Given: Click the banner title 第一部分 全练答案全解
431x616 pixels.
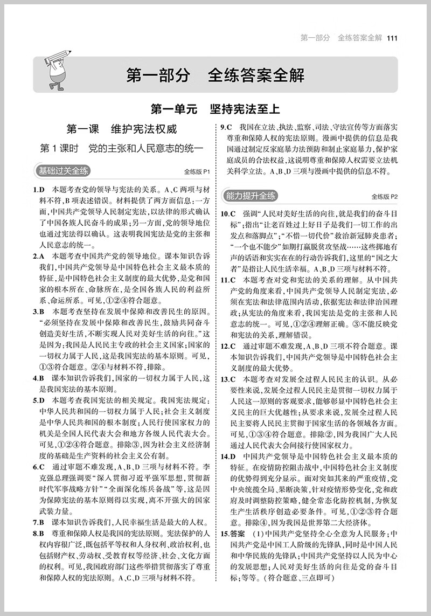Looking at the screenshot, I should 215,75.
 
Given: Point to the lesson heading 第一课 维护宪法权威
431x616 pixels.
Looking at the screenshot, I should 121,129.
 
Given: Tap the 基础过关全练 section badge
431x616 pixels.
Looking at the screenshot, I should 64,171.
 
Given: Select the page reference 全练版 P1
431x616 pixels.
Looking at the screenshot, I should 196,172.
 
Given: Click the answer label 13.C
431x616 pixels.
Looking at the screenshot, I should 229,379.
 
